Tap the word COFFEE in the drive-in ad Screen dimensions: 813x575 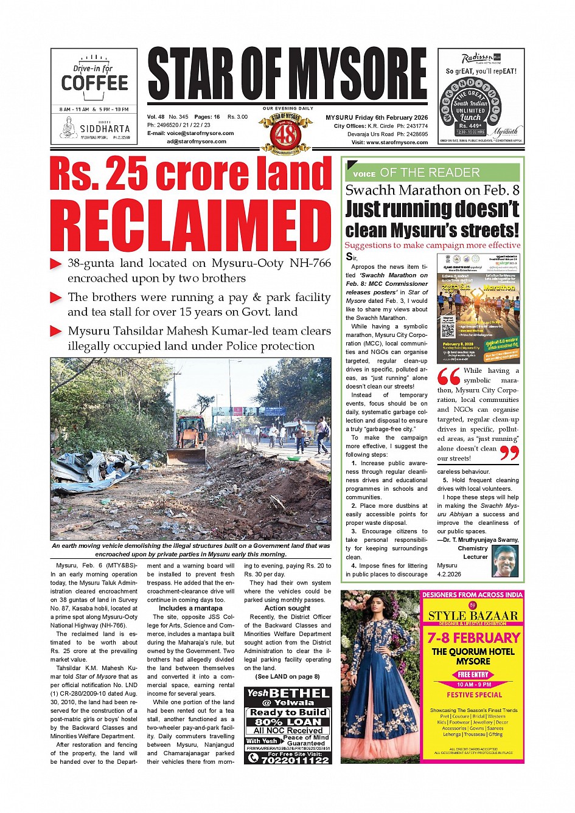pos(94,83)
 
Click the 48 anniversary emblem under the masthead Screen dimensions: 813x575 pos(285,132)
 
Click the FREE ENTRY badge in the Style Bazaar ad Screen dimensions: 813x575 pos(473,674)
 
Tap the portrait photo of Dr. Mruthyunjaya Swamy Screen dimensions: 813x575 pos(505,561)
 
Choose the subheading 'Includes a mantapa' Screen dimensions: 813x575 pos(190,608)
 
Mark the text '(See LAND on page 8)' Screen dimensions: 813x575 pos(287,676)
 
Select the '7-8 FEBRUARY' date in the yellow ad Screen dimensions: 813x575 pos(473,638)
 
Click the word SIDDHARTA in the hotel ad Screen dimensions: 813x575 pos(105,129)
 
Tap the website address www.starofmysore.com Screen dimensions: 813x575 pos(397,142)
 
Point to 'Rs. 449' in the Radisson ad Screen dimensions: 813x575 pos(470,126)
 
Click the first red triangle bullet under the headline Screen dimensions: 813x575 pos(56,264)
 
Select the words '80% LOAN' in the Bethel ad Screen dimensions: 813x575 pos(287,722)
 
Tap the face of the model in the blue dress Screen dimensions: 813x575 pos(378,608)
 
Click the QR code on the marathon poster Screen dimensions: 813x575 pos(447,331)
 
